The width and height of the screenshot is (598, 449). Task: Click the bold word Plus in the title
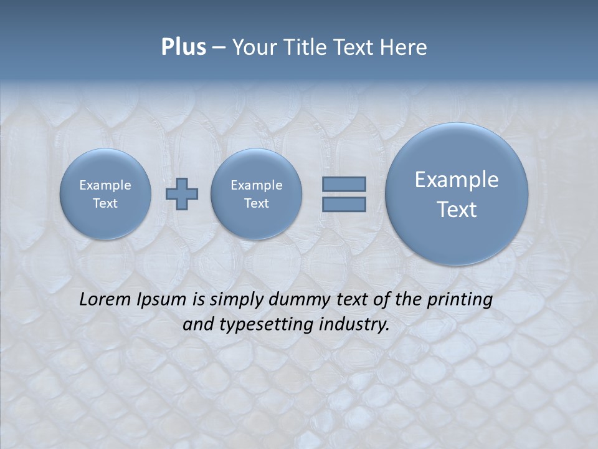coord(183,47)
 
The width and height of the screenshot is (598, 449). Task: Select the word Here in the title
coord(404,47)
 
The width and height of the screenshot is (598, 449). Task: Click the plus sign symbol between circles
coord(182,194)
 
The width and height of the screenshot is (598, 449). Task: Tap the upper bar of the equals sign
coord(344,184)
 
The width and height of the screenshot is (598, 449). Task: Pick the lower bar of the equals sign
coord(344,205)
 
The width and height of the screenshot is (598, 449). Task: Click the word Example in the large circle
coord(457,180)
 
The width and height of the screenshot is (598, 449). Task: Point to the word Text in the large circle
coord(457,210)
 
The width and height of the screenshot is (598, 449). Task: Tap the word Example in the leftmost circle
coord(105,185)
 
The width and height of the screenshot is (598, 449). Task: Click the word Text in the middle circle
coord(256,203)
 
